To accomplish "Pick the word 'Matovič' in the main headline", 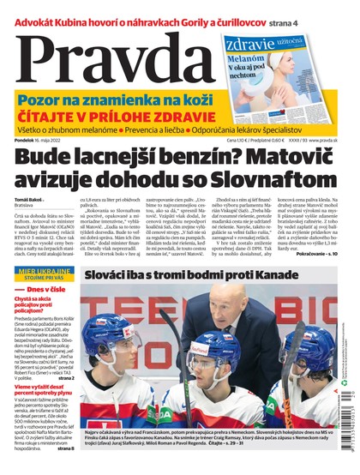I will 291,159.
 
